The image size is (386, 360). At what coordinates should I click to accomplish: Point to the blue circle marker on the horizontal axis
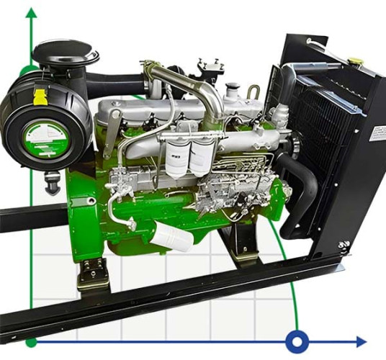pyautogui.click(x=296, y=341)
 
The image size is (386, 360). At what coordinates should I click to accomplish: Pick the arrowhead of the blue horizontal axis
pyautogui.click(x=361, y=341)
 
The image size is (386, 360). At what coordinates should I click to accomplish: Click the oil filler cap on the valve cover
pyautogui.click(x=231, y=91)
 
